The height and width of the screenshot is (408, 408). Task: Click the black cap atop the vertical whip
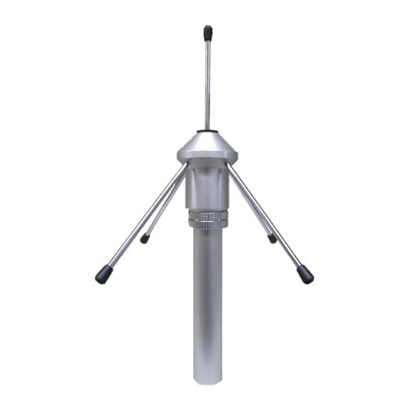click(x=207, y=33)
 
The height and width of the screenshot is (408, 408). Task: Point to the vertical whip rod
click(x=207, y=82)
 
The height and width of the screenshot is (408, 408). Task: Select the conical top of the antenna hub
click(x=207, y=142)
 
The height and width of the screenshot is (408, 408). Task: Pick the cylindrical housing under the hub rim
click(x=207, y=187)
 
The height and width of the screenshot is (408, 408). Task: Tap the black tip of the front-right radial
click(x=305, y=274)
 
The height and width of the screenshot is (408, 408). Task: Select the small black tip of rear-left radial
click(x=145, y=238)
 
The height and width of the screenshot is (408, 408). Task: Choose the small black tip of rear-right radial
click(x=272, y=238)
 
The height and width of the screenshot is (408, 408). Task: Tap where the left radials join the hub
click(x=185, y=169)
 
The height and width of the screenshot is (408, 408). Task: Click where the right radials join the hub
click(x=229, y=169)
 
